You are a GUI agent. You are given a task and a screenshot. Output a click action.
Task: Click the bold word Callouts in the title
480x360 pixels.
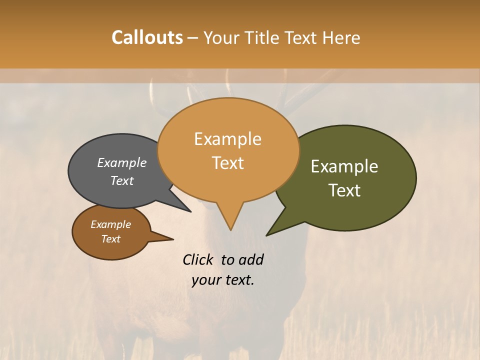[147, 37]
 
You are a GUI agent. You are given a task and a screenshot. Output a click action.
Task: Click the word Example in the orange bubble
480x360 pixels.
[228, 139]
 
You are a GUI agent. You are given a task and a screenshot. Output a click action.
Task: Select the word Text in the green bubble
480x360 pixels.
[345, 190]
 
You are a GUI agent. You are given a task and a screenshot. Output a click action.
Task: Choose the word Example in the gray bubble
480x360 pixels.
[122, 162]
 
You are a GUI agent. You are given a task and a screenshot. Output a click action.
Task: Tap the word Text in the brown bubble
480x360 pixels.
[111, 239]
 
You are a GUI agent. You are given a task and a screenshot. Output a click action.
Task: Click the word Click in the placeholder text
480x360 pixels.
[198, 259]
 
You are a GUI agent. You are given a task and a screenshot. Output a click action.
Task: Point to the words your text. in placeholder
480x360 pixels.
[223, 280]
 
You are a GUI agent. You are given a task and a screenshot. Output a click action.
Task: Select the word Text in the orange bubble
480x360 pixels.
[228, 163]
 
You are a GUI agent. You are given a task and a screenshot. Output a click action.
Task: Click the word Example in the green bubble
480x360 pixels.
[344, 166]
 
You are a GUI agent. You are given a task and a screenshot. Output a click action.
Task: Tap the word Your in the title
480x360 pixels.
[220, 37]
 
